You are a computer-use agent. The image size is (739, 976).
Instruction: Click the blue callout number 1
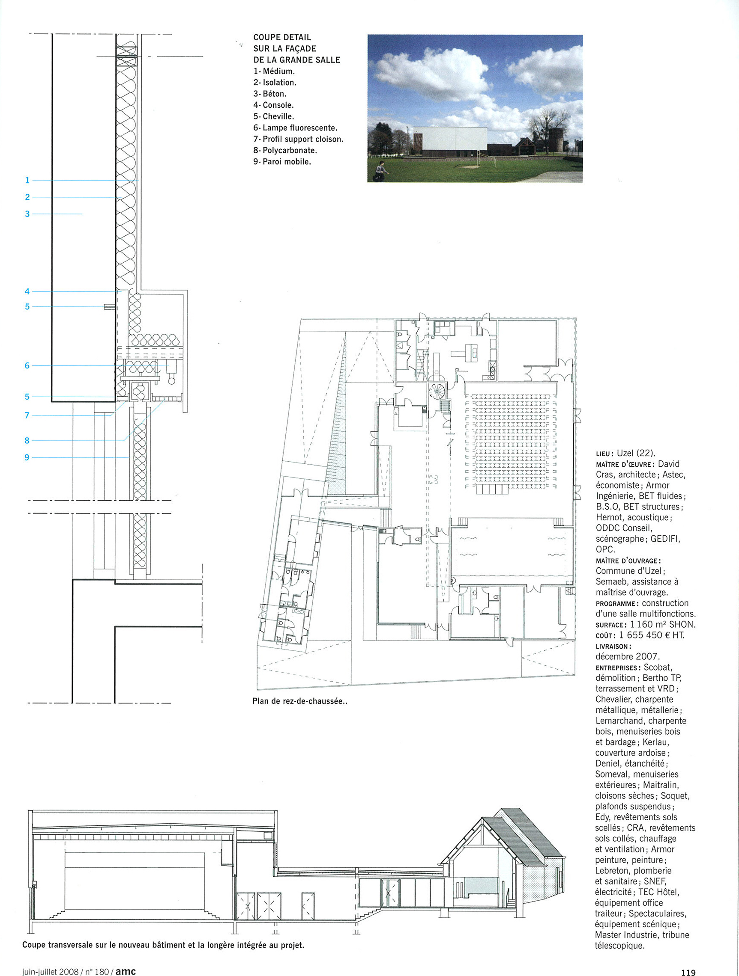[27, 180]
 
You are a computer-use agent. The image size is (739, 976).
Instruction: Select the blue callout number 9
[27, 457]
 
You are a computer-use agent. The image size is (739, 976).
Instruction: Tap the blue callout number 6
[27, 365]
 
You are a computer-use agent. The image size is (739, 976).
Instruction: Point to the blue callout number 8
[27, 440]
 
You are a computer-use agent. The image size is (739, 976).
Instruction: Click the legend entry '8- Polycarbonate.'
[285, 151]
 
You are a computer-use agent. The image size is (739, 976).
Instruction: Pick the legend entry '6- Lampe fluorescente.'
[295, 128]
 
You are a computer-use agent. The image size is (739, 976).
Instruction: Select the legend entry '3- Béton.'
[270, 94]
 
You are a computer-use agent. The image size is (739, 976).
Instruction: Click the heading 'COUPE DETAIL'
[282, 38]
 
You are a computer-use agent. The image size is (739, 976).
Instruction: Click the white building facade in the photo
[451, 142]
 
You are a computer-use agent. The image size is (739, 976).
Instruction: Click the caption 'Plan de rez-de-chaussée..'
[300, 701]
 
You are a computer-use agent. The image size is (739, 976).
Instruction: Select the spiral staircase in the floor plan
[438, 391]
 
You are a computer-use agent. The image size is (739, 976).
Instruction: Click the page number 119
[688, 972]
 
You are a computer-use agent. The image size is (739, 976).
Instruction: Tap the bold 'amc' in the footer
[126, 971]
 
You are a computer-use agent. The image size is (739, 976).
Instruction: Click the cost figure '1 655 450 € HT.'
[652, 635]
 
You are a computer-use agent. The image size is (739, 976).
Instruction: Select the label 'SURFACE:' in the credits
[611, 625]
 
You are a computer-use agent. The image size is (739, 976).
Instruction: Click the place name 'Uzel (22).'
[636, 453]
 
